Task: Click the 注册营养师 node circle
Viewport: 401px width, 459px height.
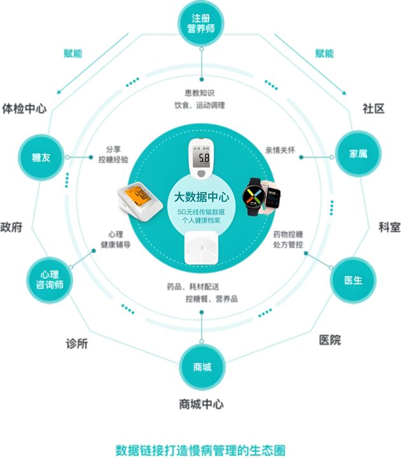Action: (201, 24)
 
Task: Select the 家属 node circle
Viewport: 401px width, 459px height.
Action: (358, 154)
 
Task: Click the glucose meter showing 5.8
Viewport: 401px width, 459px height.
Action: (202, 159)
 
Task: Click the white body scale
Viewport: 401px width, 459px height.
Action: (201, 247)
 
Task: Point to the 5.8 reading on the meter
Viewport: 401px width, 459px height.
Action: (203, 157)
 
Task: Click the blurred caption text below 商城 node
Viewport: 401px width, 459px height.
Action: (201, 404)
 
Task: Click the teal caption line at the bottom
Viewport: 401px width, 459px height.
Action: (200, 448)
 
